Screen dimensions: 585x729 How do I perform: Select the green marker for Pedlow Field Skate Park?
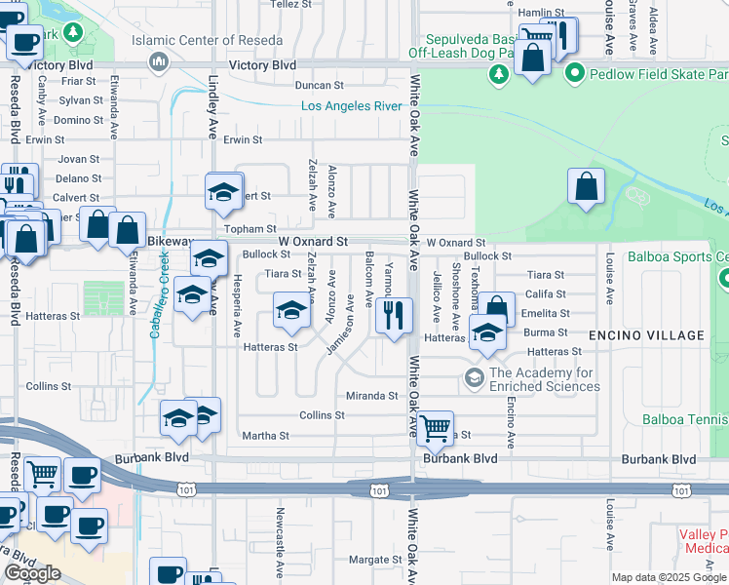coord(575,73)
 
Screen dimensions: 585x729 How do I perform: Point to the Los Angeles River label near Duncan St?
coord(352,105)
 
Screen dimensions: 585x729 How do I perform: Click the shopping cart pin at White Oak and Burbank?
coord(436,426)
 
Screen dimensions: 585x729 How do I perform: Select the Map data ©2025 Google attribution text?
coord(670,577)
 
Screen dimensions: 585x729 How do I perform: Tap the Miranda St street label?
coord(372,396)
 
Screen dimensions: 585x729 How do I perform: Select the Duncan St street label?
coord(322,86)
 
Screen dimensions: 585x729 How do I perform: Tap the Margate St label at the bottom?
coord(369,560)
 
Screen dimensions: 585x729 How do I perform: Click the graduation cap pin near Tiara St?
coord(291,311)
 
